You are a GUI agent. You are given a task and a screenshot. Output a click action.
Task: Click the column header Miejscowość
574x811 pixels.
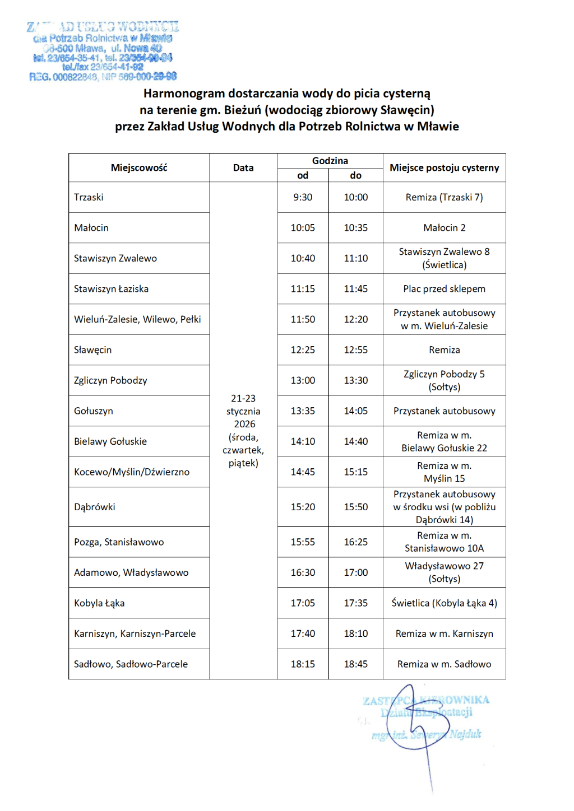coord(139,167)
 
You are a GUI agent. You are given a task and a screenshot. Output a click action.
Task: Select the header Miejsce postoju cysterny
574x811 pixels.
coord(444,167)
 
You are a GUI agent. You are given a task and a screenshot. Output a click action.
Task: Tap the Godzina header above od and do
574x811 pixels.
coord(330,161)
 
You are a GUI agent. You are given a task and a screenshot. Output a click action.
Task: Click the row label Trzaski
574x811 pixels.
coord(89,197)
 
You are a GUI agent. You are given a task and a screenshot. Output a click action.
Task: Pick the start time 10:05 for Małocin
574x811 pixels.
coord(303,228)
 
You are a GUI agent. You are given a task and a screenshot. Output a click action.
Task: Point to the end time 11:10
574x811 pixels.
coord(355,258)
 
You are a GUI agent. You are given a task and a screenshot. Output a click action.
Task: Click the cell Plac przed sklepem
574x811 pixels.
coord(444,289)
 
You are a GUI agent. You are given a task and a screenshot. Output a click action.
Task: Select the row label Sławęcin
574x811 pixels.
coord(93,350)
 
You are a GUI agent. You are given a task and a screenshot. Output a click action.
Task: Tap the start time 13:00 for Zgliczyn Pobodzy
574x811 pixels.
coord(303,380)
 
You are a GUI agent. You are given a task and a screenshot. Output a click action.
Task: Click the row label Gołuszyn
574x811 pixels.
coord(94,411)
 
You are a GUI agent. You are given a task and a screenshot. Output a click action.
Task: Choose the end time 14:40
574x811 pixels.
coord(355,441)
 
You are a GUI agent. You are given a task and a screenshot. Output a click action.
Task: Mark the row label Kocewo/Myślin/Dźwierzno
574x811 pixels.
coord(132,472)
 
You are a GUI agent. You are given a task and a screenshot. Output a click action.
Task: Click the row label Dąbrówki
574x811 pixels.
coord(95,507)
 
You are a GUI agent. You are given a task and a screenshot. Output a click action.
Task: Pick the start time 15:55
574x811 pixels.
coord(303,542)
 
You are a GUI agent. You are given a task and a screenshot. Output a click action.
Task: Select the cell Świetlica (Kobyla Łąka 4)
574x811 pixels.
coord(444,603)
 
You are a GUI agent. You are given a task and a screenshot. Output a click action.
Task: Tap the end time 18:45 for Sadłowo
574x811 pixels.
coord(355,664)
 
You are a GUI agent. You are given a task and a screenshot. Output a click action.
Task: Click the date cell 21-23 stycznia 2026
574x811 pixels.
coord(243,430)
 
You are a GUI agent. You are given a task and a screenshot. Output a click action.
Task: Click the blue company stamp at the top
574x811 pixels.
coord(103,51)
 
